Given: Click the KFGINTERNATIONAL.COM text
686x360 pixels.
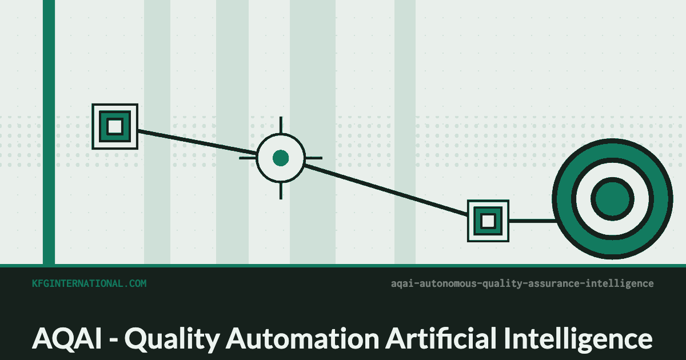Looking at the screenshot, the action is (x=89, y=283).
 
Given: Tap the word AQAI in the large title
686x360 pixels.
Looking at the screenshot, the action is (x=67, y=338).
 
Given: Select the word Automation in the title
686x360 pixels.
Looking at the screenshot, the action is (x=302, y=338).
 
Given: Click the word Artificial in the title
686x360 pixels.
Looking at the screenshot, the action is (x=441, y=338).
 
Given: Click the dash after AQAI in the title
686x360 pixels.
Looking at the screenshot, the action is (x=113, y=341).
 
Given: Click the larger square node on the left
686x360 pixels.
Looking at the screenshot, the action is (x=115, y=126).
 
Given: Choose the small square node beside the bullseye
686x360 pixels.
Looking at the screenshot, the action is (x=488, y=221).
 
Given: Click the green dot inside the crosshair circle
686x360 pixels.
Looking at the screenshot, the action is (x=281, y=158).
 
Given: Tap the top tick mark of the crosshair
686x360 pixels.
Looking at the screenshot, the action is (x=281, y=125).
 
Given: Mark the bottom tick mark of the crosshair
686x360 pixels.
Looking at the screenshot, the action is (x=281, y=191).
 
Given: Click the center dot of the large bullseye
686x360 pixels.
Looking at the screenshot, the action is (x=612, y=199).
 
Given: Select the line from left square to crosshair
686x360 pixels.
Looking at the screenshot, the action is (x=197, y=142).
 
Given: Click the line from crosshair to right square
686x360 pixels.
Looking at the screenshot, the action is (x=386, y=190).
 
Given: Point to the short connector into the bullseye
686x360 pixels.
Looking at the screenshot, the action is (x=532, y=221).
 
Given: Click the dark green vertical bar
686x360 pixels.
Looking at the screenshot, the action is (x=49, y=132).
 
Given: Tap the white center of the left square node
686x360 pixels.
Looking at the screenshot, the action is (x=115, y=126).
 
